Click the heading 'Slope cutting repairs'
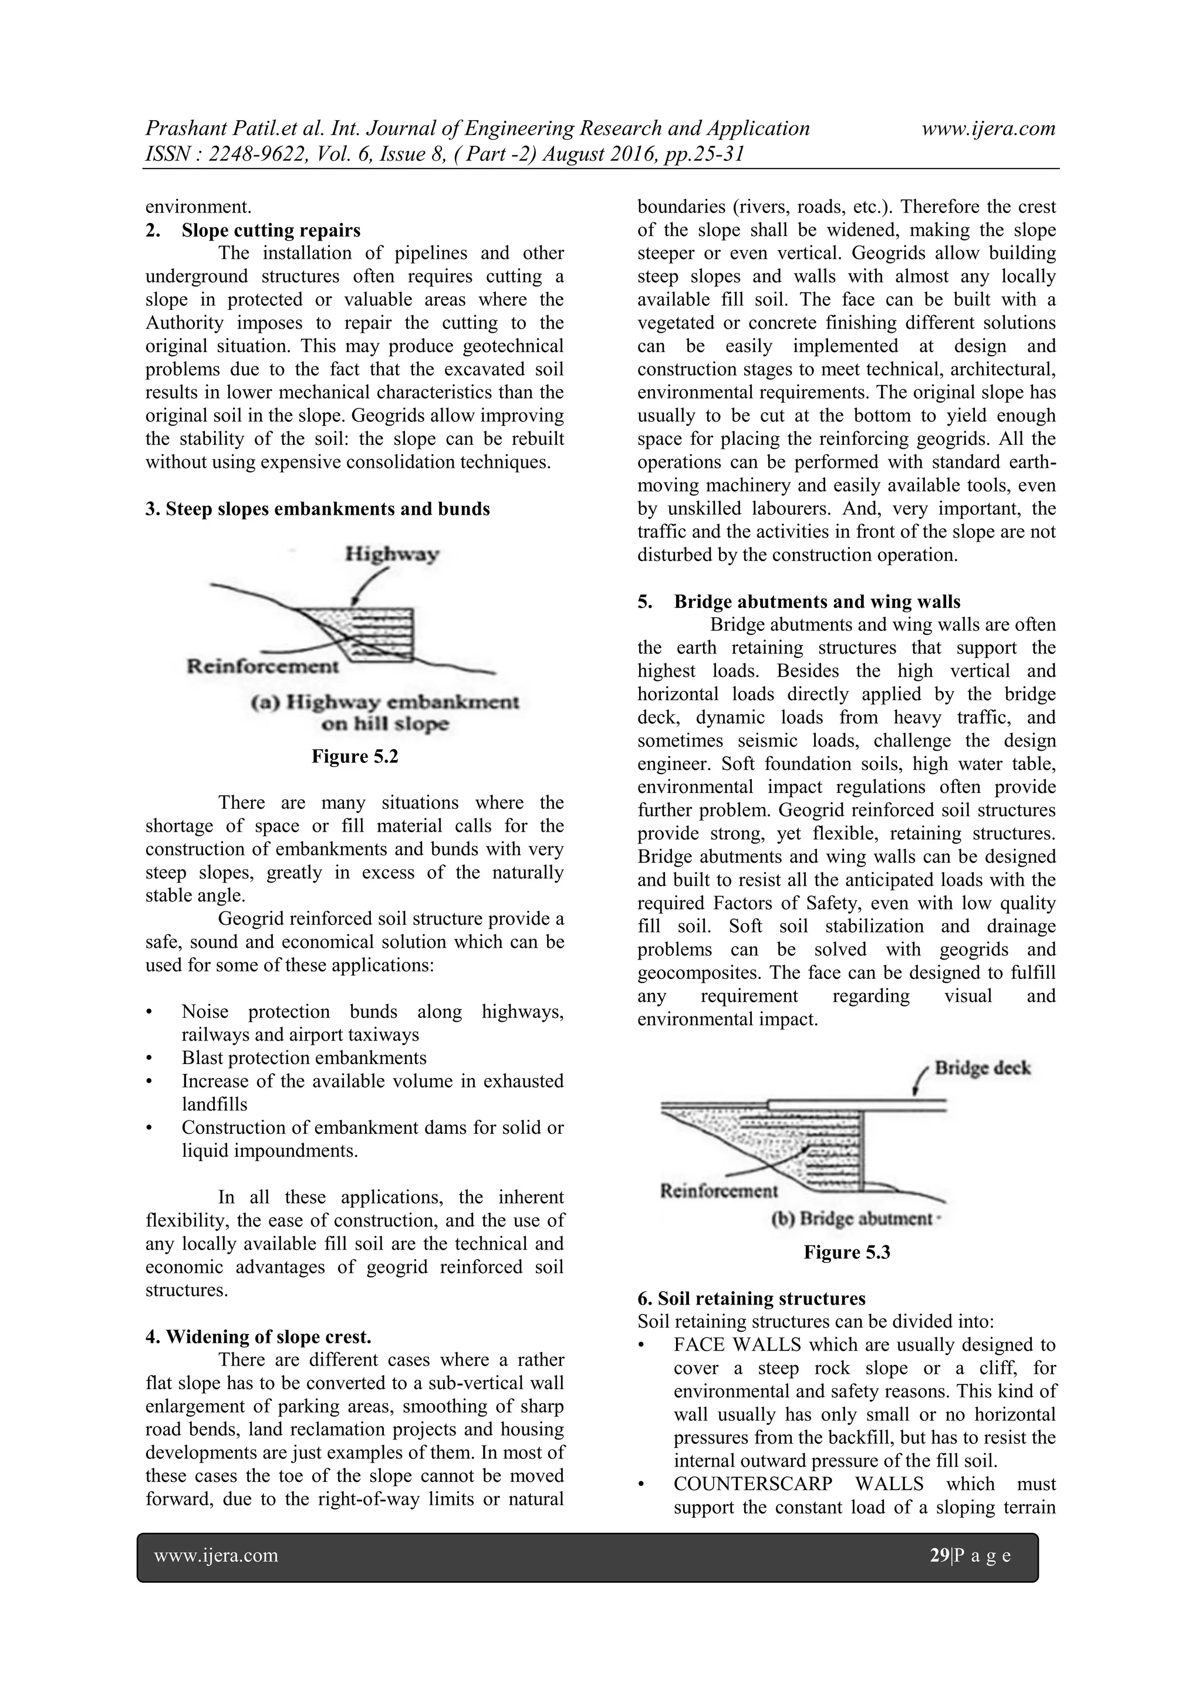coord(271,230)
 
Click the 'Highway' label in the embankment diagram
coord(392,553)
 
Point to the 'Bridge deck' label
coord(982,1068)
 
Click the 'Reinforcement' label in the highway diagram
coord(262,666)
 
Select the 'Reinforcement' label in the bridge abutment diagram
coord(718,1191)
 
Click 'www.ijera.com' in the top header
coord(988,129)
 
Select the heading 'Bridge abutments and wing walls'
coord(817,602)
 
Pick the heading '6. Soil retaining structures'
coord(751,1299)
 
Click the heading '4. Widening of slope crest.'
coord(258,1336)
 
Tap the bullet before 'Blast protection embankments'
coord(150,1058)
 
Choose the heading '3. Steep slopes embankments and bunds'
coord(318,509)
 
